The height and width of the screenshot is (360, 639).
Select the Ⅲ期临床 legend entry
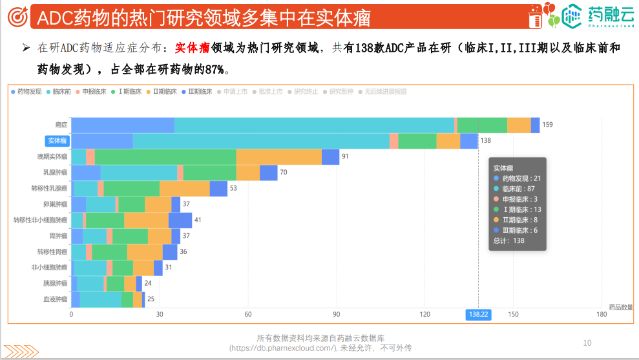click(x=198, y=92)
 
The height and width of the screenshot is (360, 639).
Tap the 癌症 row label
click(x=61, y=125)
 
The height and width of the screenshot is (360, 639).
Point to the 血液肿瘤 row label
click(x=55, y=299)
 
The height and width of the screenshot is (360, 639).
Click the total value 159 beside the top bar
click(x=547, y=125)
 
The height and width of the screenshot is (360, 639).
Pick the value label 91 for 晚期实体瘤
click(x=345, y=156)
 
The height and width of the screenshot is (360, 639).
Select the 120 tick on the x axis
click(x=424, y=315)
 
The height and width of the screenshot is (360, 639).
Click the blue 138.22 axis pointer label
click(x=478, y=315)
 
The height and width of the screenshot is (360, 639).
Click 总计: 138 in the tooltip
click(x=508, y=240)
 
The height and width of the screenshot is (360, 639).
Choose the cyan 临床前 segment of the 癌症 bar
click(x=314, y=125)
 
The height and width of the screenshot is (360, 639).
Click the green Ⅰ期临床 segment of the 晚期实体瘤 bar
click(x=165, y=156)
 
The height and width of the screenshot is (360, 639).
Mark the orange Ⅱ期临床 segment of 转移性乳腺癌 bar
click(x=185, y=188)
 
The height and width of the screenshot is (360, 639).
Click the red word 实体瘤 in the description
click(x=192, y=48)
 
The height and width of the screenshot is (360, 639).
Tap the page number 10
click(x=587, y=343)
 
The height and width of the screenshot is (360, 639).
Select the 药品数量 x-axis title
click(x=620, y=306)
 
